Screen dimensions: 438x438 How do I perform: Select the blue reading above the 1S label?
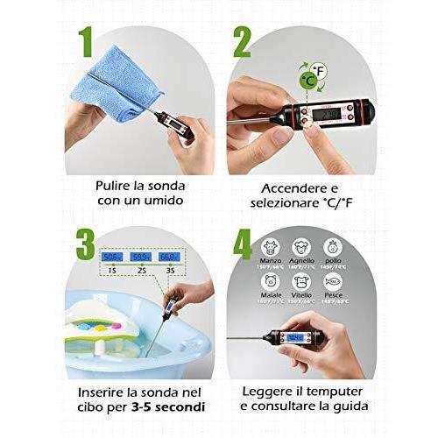tap(112, 258)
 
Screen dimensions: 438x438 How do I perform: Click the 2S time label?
tap(141, 272)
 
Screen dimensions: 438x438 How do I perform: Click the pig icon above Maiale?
tap(270, 283)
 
